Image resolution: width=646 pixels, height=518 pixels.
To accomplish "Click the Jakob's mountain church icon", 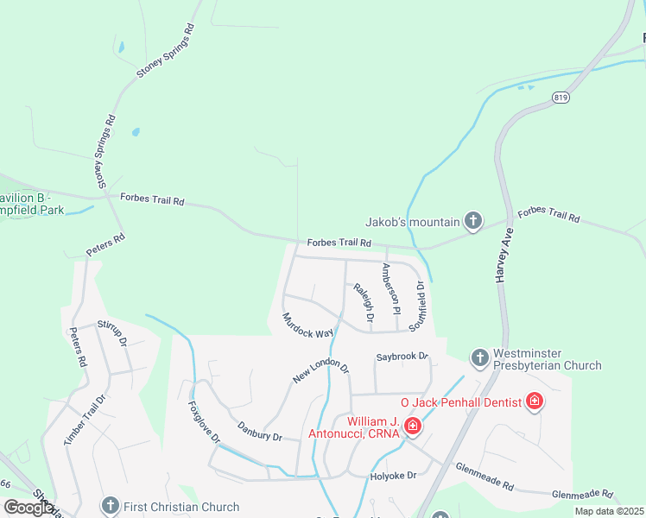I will point(472,222).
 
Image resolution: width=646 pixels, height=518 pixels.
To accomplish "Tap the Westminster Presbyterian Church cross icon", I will point(479,357).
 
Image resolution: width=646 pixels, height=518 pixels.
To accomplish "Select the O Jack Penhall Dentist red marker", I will point(535,401).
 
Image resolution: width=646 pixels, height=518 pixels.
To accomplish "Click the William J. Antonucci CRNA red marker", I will point(413,426).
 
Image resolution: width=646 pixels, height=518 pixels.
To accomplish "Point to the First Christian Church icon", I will point(109,506).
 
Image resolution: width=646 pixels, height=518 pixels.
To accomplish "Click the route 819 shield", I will point(560,98).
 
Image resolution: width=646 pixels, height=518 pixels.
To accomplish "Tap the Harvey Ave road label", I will point(503,256).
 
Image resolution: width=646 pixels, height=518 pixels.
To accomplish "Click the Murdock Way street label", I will point(307,325).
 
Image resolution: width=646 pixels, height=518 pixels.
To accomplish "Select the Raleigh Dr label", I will point(363,304).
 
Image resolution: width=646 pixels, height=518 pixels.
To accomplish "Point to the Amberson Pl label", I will point(390,288).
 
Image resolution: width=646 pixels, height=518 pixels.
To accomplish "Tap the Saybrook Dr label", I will point(402,357).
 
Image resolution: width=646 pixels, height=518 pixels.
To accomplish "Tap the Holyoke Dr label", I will point(394,475).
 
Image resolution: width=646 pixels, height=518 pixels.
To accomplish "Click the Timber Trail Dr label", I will point(84,420).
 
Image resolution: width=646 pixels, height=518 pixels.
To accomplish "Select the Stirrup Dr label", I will point(112,333).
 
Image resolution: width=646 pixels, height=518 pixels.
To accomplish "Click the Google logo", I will point(28,508).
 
